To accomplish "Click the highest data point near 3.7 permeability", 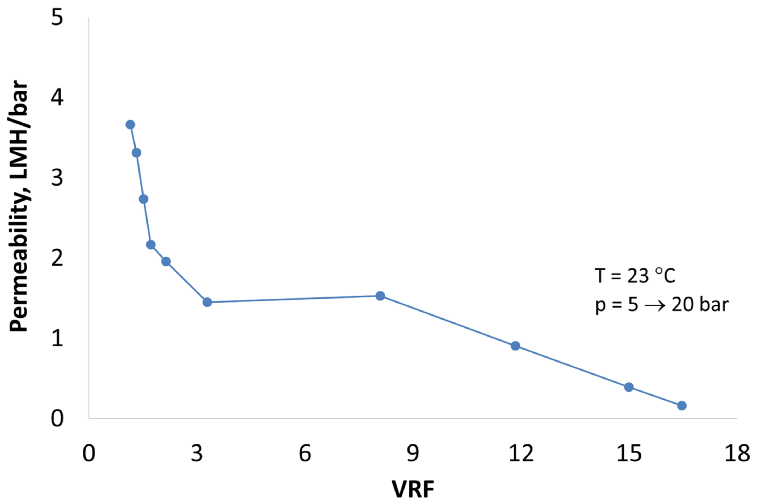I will (x=130, y=125).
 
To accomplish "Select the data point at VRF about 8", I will (x=380, y=296).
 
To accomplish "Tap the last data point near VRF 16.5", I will (x=682, y=406).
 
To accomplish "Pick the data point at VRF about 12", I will (x=515, y=346).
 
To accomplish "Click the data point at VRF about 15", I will (x=629, y=387).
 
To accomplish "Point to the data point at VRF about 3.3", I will (x=207, y=302).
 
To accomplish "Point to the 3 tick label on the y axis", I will (x=57, y=177).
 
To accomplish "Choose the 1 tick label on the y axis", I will (x=57, y=338).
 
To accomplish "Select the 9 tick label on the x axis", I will (x=413, y=453).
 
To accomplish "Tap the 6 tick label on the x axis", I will (x=305, y=453).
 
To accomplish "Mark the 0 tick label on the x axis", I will (x=89, y=453).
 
